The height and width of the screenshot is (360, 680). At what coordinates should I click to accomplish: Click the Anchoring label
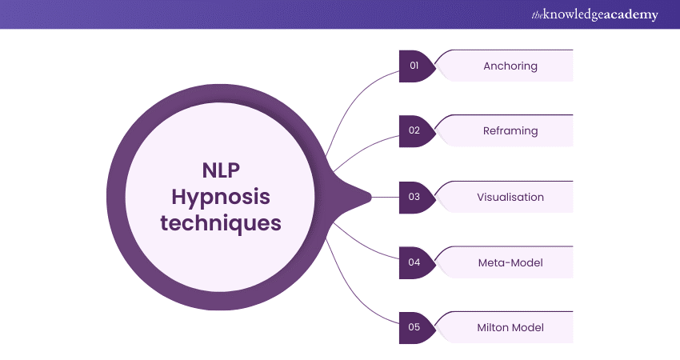(510, 66)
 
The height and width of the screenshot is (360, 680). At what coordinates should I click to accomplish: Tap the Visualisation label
(510, 197)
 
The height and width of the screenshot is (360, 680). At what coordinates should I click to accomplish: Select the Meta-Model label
(510, 262)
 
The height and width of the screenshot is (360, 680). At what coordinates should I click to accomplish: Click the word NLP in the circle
(221, 170)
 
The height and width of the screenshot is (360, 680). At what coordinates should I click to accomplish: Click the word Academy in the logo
(631, 15)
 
